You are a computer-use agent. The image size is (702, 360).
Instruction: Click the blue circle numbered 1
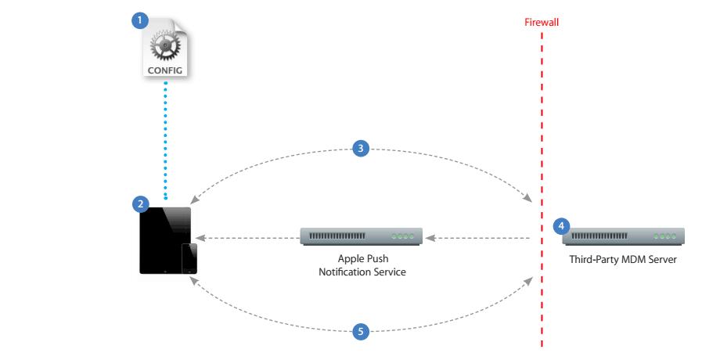[139, 20]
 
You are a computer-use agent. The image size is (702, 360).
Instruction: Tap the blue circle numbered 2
[141, 204]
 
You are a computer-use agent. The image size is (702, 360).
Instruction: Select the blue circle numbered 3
[361, 148]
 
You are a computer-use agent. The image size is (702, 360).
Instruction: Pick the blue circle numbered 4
[561, 226]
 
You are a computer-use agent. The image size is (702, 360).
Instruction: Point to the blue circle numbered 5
[361, 332]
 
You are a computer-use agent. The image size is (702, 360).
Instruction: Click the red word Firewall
[542, 22]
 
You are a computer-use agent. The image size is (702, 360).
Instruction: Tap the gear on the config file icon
[165, 46]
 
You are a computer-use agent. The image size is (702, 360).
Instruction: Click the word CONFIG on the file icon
[165, 70]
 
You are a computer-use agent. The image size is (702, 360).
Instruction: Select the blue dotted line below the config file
[166, 140]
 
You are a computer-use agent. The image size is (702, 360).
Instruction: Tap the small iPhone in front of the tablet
[189, 258]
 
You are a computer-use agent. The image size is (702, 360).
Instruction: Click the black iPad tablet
[165, 240]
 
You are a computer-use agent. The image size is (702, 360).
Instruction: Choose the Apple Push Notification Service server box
[362, 236]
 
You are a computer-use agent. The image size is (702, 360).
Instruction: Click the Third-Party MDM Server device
[624, 236]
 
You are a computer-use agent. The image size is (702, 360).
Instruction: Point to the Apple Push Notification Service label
[362, 265]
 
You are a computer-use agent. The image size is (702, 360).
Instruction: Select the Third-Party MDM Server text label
[623, 259]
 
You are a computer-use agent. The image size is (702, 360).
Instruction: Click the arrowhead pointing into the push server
[430, 238]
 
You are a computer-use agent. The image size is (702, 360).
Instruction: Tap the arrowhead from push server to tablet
[200, 238]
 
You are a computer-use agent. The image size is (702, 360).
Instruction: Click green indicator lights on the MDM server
[665, 236]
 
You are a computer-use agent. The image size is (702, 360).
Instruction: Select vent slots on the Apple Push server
[337, 236]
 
